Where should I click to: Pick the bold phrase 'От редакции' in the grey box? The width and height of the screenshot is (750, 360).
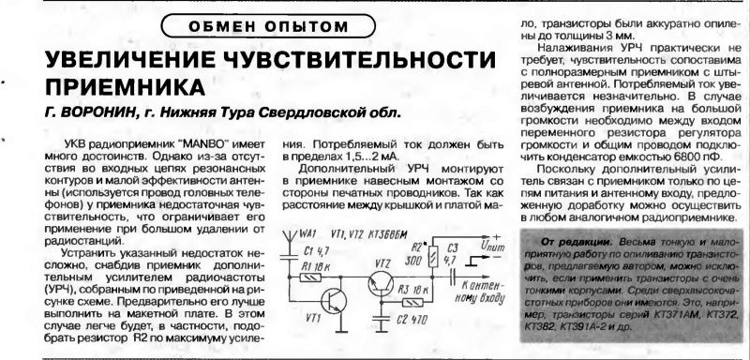click(x=560, y=241)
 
